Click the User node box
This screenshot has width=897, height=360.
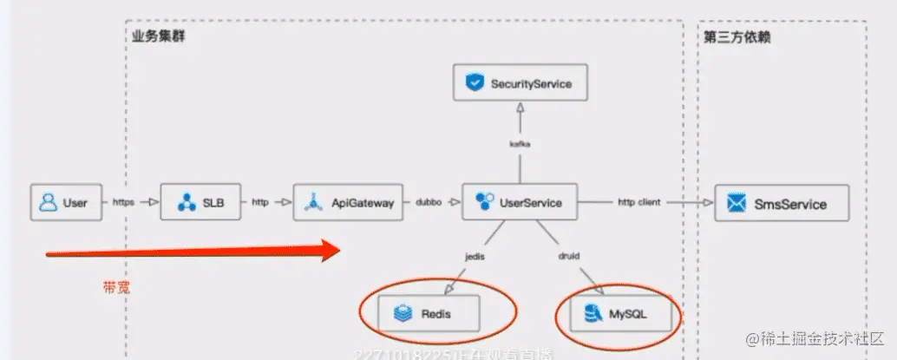point(66,202)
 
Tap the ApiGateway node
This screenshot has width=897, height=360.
point(350,202)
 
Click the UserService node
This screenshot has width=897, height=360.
point(520,202)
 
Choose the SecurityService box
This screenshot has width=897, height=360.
point(520,83)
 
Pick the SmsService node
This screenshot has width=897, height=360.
point(782,204)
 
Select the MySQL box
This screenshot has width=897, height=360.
point(621,312)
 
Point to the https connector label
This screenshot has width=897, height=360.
point(124,202)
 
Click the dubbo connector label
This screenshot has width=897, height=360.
point(429,202)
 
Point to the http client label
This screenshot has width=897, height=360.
point(638,202)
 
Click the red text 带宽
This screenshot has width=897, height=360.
point(115,288)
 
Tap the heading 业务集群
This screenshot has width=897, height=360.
point(158,36)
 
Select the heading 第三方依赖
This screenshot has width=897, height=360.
point(737,36)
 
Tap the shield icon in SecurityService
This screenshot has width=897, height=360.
point(474,83)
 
